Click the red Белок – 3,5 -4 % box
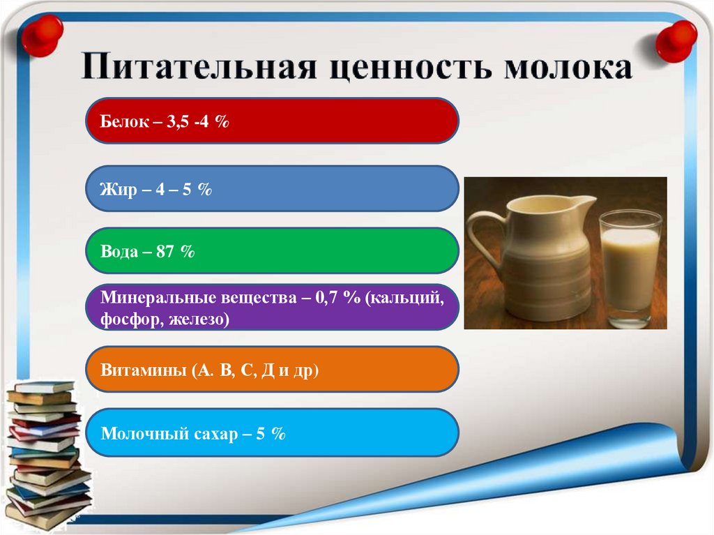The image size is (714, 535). click(272, 121)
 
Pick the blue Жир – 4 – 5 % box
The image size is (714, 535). click(272, 189)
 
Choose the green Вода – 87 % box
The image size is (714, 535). click(272, 251)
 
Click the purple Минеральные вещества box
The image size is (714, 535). click(272, 308)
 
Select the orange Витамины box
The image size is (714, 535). click(272, 370)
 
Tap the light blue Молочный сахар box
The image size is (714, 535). click(272, 433)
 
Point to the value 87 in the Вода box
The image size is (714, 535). click(165, 252)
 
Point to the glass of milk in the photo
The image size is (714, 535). click(630, 269)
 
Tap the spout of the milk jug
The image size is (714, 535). click(586, 203)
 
